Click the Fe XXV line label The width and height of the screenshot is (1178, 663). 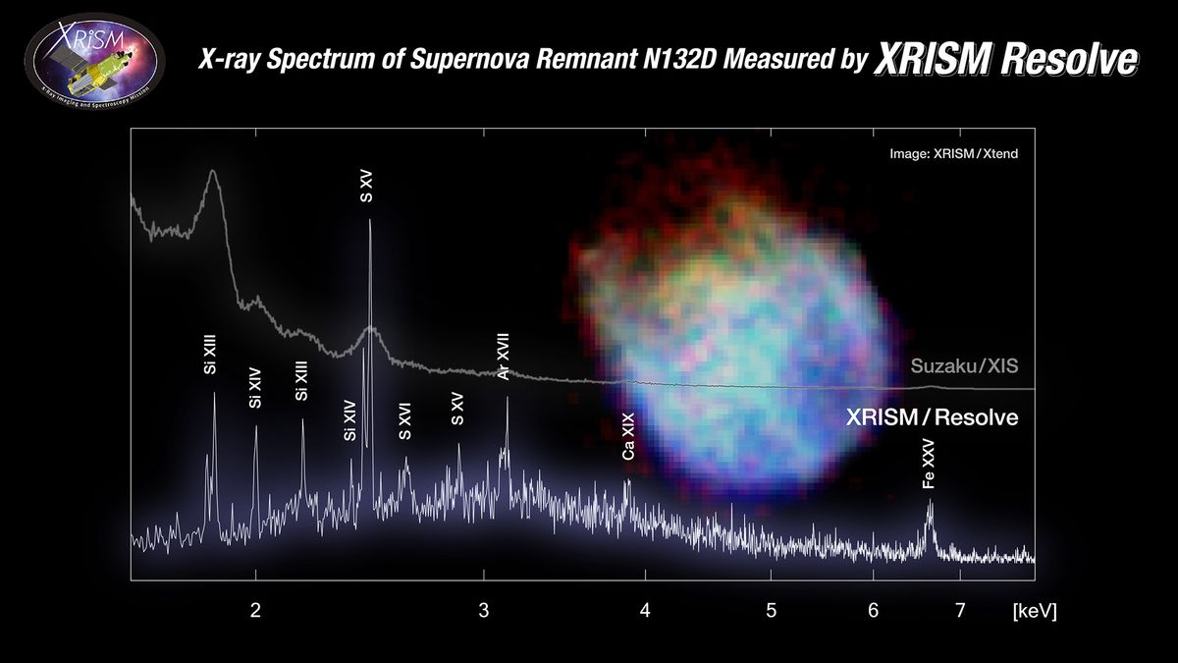click(929, 470)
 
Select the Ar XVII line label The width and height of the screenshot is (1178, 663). click(504, 357)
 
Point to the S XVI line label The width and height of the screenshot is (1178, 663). click(405, 420)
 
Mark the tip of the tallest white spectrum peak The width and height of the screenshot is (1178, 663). click(369, 220)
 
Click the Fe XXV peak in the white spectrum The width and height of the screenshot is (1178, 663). click(930, 503)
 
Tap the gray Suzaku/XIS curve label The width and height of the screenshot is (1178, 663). click(964, 367)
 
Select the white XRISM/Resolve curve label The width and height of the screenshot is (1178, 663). click(932, 417)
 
